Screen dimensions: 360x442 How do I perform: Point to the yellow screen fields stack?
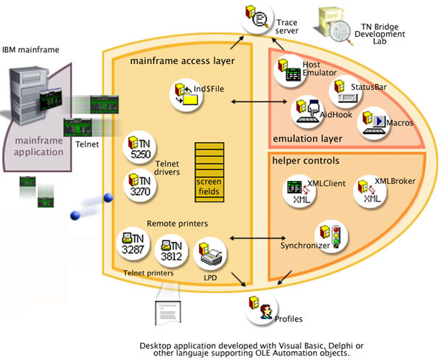click(x=208, y=172)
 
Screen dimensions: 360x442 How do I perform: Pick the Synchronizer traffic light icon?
click(x=329, y=235)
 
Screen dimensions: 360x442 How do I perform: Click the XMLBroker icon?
click(x=371, y=192)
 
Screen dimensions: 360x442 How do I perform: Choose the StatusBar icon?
click(x=343, y=91)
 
